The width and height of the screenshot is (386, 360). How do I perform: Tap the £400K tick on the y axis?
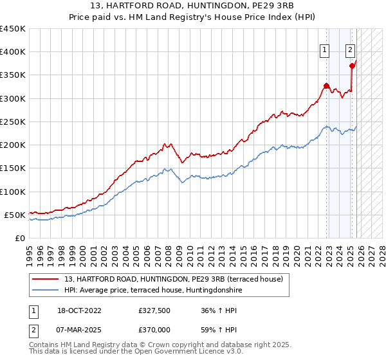13,52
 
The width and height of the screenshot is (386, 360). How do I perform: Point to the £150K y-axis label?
13,168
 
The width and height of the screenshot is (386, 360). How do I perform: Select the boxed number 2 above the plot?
351,49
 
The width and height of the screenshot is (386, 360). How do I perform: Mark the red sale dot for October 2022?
326,85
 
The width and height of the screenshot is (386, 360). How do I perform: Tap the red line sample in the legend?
46,278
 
